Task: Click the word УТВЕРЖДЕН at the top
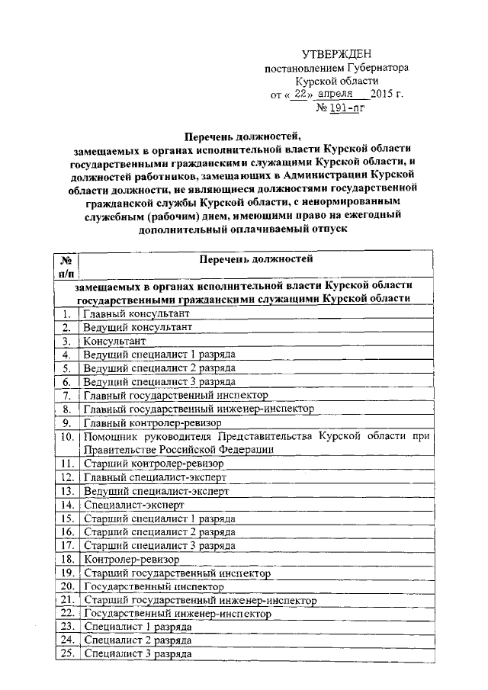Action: (x=336, y=53)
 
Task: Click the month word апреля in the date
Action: (x=339, y=95)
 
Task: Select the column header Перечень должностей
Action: (x=256, y=259)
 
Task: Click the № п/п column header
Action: (x=67, y=267)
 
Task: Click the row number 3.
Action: (x=67, y=342)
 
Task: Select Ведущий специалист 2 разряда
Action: (x=159, y=368)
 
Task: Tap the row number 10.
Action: (x=67, y=437)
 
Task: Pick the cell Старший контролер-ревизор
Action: (x=153, y=464)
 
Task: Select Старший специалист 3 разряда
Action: (x=159, y=546)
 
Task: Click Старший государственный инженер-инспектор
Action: (x=200, y=600)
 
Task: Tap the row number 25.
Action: (x=67, y=654)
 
